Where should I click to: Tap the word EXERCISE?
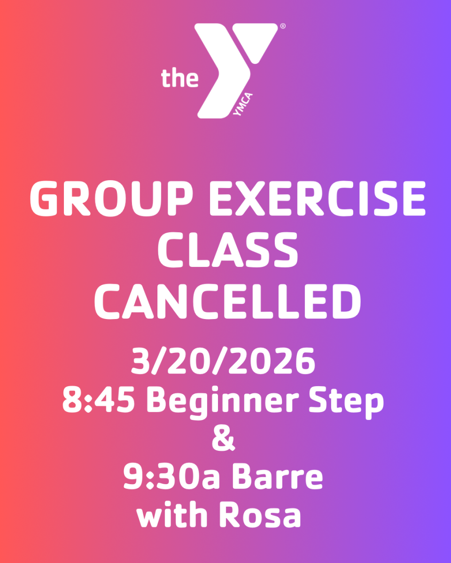(317, 198)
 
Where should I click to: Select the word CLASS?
(227, 250)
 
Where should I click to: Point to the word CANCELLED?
(227, 301)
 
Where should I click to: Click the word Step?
(346, 403)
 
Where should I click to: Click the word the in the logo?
(180, 78)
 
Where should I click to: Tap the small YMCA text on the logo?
(243, 104)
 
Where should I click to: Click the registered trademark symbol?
(283, 26)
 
